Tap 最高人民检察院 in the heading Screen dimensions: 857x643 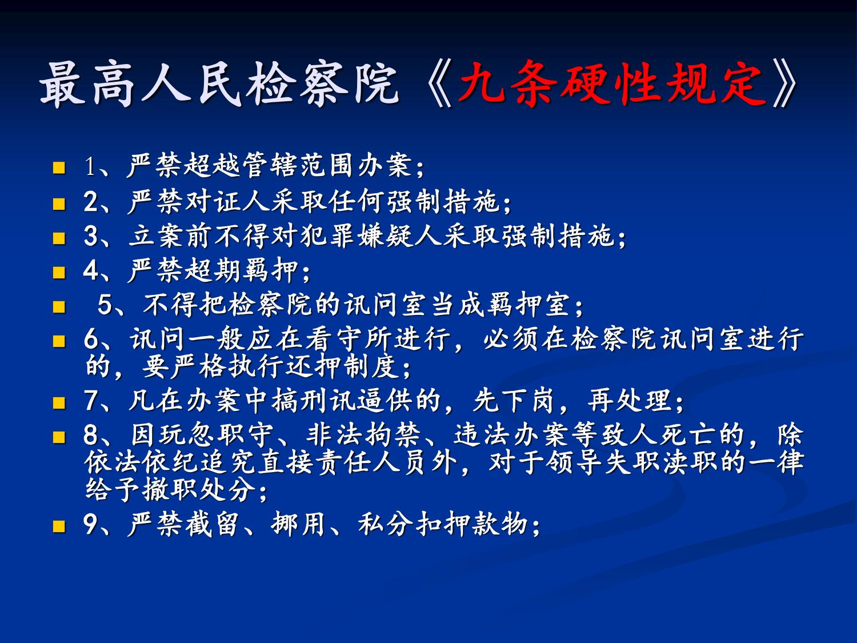219,85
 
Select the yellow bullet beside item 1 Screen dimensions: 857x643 59,167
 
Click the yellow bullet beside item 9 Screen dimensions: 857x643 59,526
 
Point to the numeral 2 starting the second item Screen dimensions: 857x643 91,202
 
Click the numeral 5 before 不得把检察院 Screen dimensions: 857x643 105,305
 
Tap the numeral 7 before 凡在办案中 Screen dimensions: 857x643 91,401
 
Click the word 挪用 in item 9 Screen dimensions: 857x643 298,524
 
